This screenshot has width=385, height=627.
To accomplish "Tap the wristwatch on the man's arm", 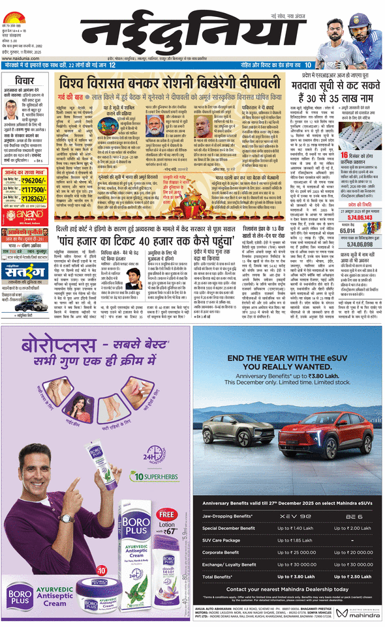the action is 68,518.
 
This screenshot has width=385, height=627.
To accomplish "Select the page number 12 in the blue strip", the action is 113,65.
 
